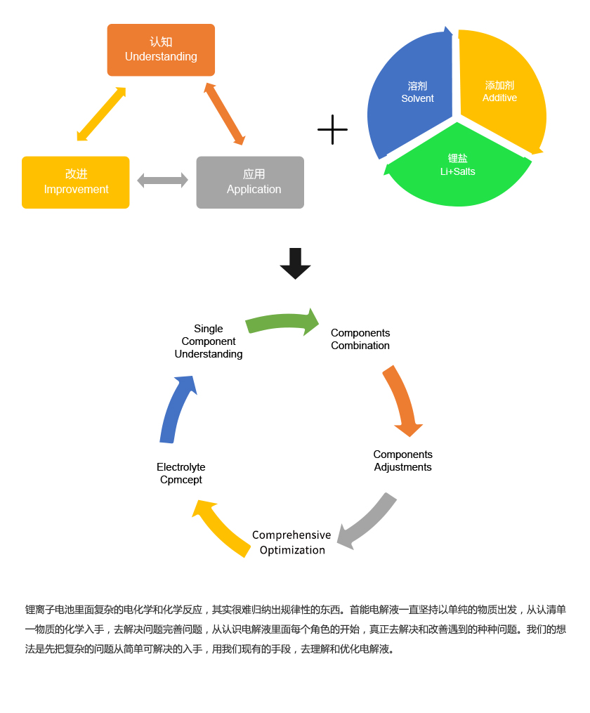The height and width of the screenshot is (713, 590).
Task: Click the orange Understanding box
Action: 161,50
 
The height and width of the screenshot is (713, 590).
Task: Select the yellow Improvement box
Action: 76,183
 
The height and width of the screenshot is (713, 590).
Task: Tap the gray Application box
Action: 250,183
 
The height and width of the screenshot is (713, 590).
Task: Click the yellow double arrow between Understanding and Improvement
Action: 101,114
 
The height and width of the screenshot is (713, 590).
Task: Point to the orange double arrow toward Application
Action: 225,114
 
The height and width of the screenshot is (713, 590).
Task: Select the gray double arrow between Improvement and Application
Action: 162,181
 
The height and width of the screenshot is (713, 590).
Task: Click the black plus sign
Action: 332,130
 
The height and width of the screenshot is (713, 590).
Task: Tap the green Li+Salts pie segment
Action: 458,172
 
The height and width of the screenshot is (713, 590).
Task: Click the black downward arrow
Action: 295,263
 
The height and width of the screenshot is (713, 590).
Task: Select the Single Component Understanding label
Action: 209,341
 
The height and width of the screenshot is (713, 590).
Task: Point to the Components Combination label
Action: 360,339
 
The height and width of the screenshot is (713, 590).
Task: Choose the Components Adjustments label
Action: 402,461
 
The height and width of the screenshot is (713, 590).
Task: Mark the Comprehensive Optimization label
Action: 291,542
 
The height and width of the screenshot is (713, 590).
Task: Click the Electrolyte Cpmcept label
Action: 181,473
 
